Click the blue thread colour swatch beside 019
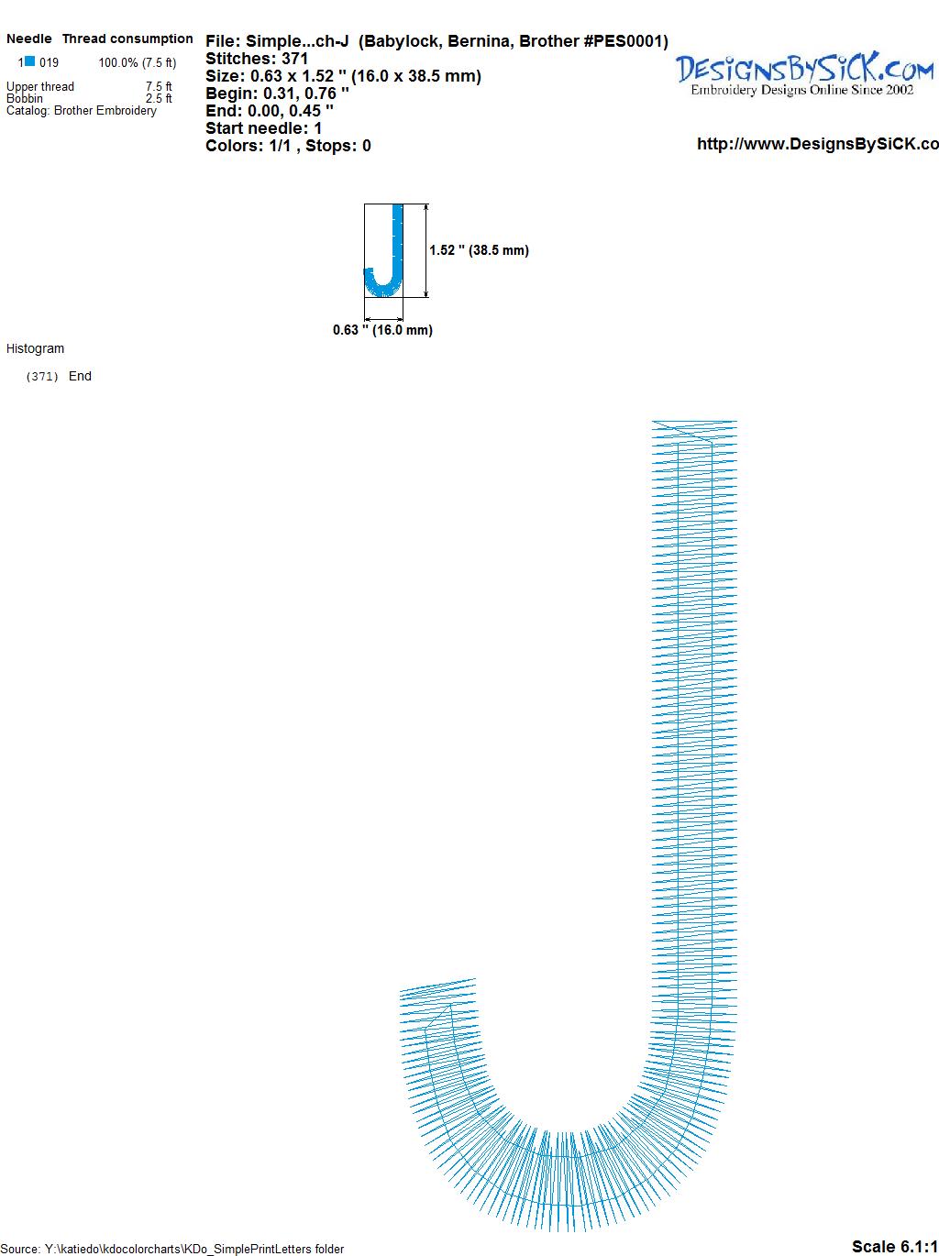pos(30,61)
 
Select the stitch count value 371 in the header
pos(294,59)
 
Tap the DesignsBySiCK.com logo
pos(804,74)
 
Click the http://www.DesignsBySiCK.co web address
pos(818,144)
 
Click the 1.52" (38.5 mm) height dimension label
pos(479,250)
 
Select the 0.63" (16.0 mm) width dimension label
pos(382,330)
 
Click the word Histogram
pos(35,348)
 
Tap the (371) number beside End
pos(42,377)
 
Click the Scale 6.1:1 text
pos(895,1246)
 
